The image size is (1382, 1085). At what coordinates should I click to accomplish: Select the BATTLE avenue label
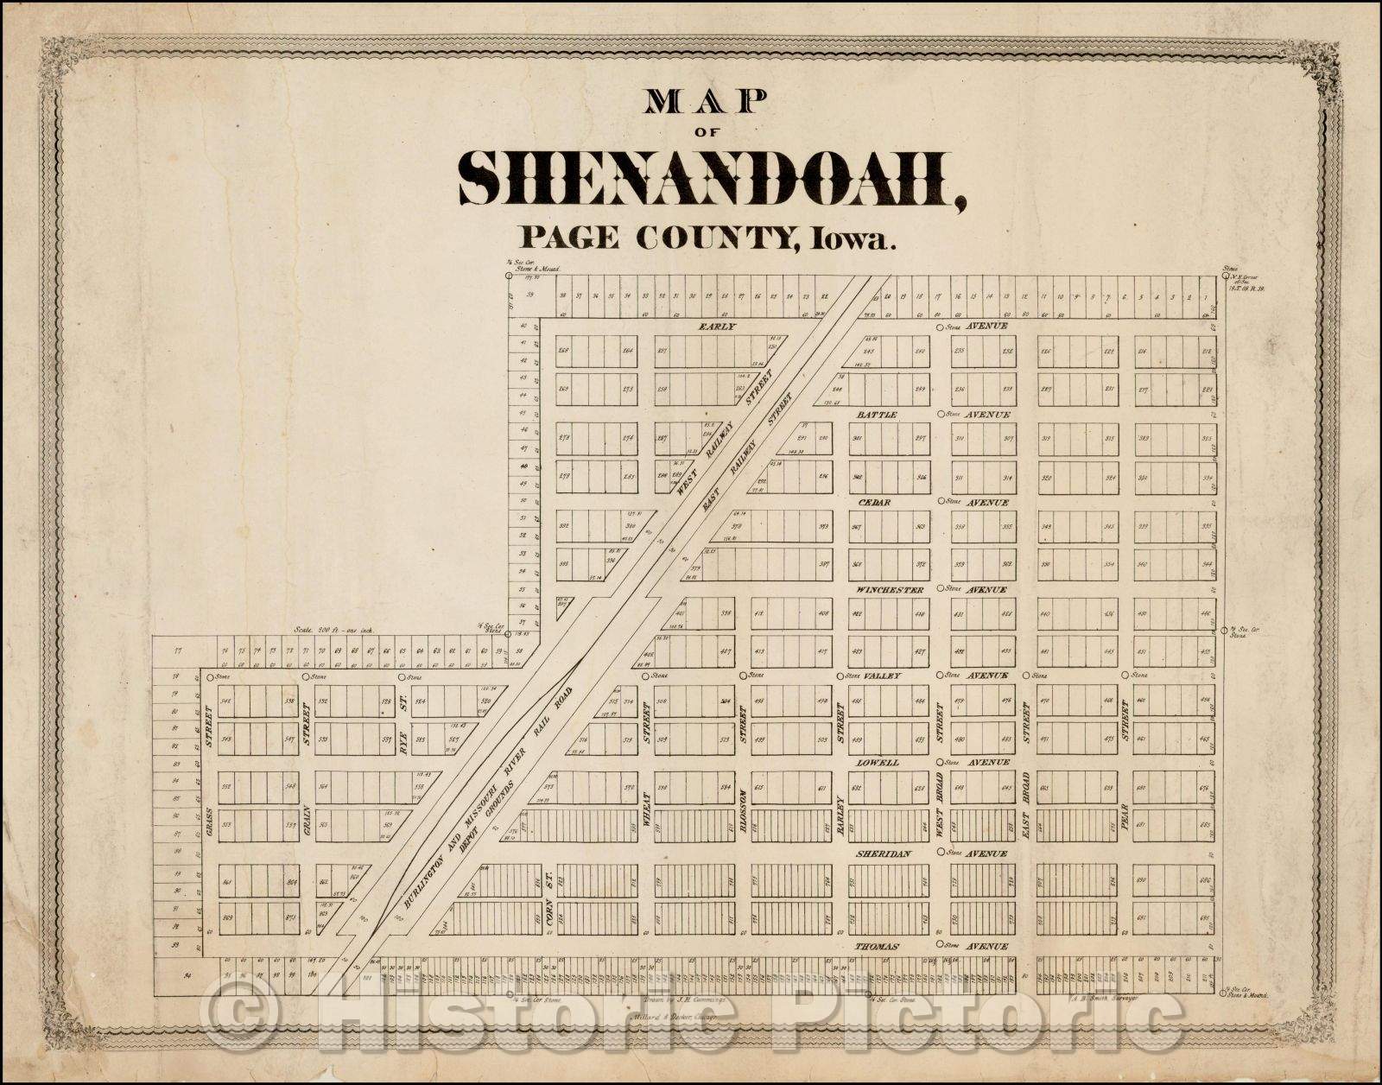(x=878, y=416)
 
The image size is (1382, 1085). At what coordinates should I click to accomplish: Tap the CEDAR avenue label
(x=875, y=502)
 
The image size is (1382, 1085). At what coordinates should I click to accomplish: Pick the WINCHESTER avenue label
(x=890, y=590)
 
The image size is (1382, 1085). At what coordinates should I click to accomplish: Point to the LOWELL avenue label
(x=878, y=764)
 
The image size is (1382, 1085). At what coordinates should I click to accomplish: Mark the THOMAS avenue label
(x=878, y=948)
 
